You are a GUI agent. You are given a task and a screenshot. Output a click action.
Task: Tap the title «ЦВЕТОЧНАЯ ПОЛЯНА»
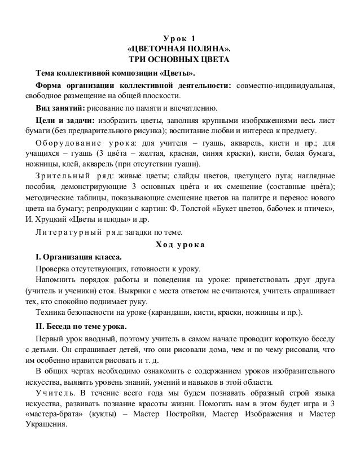179,49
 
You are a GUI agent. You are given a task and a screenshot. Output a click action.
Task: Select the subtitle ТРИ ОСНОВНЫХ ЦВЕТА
179,60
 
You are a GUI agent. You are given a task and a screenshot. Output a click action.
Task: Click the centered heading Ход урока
179,244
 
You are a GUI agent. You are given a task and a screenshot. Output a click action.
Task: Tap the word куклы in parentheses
102,415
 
